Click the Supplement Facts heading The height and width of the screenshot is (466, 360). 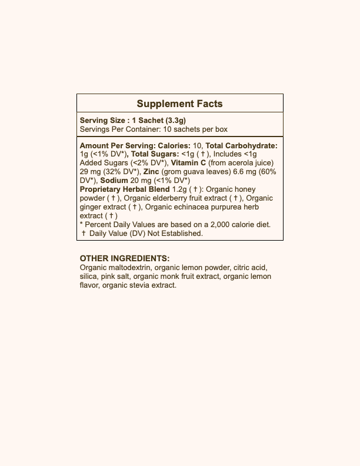[x=179, y=104]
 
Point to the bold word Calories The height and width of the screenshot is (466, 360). [x=174, y=145]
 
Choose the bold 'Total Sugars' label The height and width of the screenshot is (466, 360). [x=155, y=154]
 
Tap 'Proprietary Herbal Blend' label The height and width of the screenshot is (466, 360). [x=124, y=189]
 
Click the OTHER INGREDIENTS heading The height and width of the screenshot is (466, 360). [x=125, y=258]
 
